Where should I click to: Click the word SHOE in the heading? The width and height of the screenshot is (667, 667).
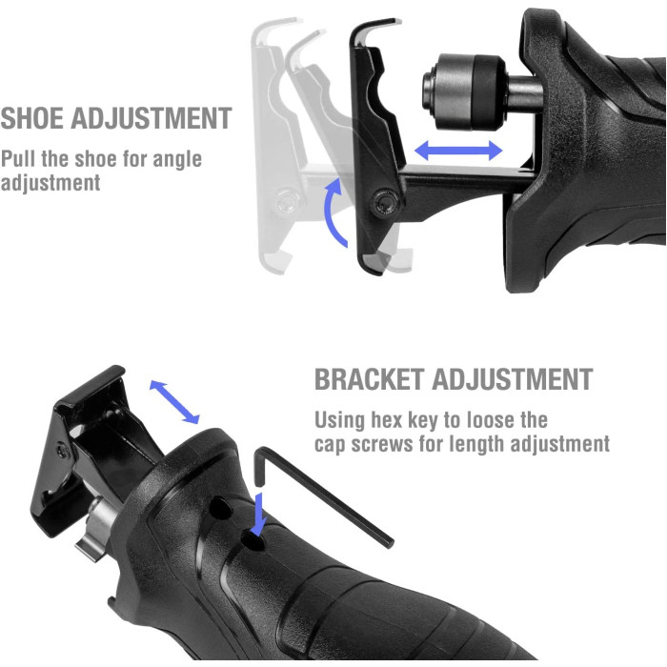coord(32,118)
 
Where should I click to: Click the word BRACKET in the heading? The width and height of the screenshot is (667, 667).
coord(370,379)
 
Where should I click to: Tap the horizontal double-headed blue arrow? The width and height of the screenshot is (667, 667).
coord(458,151)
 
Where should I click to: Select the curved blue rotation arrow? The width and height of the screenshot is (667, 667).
coord(333,212)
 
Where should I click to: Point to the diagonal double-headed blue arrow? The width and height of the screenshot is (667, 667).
coord(174,402)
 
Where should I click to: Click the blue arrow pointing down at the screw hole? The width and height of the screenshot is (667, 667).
coord(258,514)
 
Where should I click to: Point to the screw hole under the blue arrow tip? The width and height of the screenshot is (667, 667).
coord(253,542)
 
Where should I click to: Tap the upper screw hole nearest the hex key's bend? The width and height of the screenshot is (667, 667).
coord(221,507)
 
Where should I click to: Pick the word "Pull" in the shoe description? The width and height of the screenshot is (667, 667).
coord(19,159)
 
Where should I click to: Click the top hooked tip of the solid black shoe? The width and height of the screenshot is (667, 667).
coord(397,21)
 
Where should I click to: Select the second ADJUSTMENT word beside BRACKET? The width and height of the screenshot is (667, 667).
coord(513,379)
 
